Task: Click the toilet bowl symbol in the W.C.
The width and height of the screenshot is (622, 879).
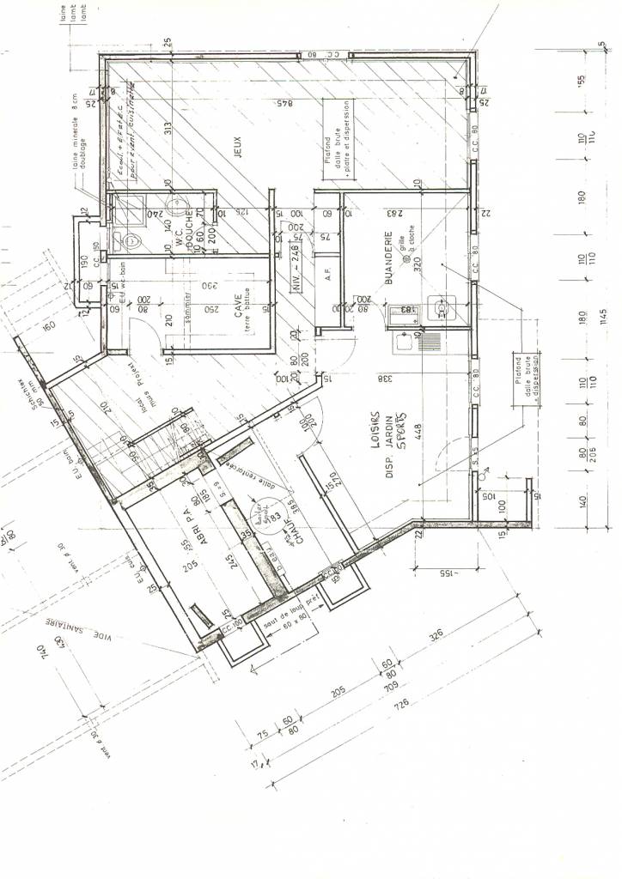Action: [x=126, y=239]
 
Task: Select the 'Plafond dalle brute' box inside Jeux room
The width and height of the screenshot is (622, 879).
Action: [x=338, y=137]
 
